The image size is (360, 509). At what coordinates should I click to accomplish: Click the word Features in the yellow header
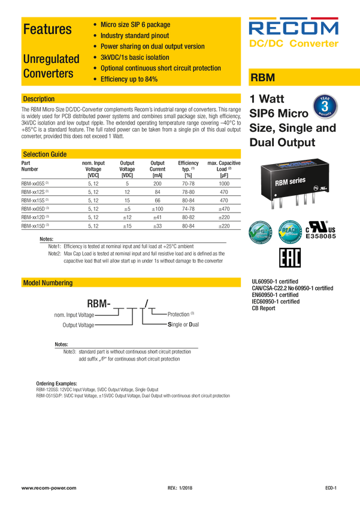tap(47, 29)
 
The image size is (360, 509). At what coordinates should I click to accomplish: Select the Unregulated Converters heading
tap(51, 66)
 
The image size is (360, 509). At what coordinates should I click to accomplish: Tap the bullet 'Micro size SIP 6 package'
tap(135, 25)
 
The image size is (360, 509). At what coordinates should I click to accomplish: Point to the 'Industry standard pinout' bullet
tap(134, 36)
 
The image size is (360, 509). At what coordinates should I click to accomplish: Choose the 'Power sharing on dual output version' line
tap(152, 47)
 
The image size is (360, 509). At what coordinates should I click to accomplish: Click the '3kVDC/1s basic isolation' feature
tap(135, 57)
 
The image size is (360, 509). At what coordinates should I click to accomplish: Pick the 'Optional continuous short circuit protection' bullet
tap(161, 68)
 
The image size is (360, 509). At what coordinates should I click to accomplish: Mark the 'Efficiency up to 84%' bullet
tap(129, 79)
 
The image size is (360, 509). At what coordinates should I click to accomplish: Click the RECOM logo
tap(294, 28)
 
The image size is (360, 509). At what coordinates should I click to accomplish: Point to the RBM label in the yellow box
tap(261, 78)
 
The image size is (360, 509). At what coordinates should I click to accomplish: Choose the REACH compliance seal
tap(291, 232)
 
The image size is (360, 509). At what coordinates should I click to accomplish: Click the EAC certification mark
tap(290, 257)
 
